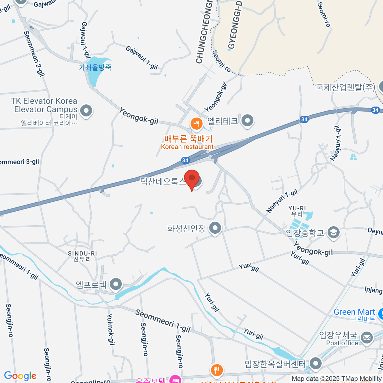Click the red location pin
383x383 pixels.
click(x=192, y=179)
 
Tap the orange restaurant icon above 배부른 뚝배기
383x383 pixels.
click(x=196, y=124)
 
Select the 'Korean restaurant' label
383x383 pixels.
click(x=187, y=147)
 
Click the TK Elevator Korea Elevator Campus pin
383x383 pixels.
click(x=86, y=111)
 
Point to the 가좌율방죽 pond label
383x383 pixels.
click(x=95, y=67)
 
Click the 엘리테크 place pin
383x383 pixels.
click(x=247, y=121)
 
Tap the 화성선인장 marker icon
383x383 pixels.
click(x=215, y=228)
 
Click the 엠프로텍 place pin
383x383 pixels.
click(x=116, y=284)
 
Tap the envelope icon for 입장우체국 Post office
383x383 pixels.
click(x=367, y=337)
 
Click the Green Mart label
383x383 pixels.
click(x=354, y=312)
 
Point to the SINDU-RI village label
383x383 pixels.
click(x=82, y=256)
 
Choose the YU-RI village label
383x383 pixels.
click(x=297, y=211)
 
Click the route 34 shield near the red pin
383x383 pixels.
click(x=185, y=160)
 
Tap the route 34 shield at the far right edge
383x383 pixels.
click(x=375, y=110)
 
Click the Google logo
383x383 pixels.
click(x=20, y=376)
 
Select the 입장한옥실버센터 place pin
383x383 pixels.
click(x=316, y=363)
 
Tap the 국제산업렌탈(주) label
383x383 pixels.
click(x=346, y=87)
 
